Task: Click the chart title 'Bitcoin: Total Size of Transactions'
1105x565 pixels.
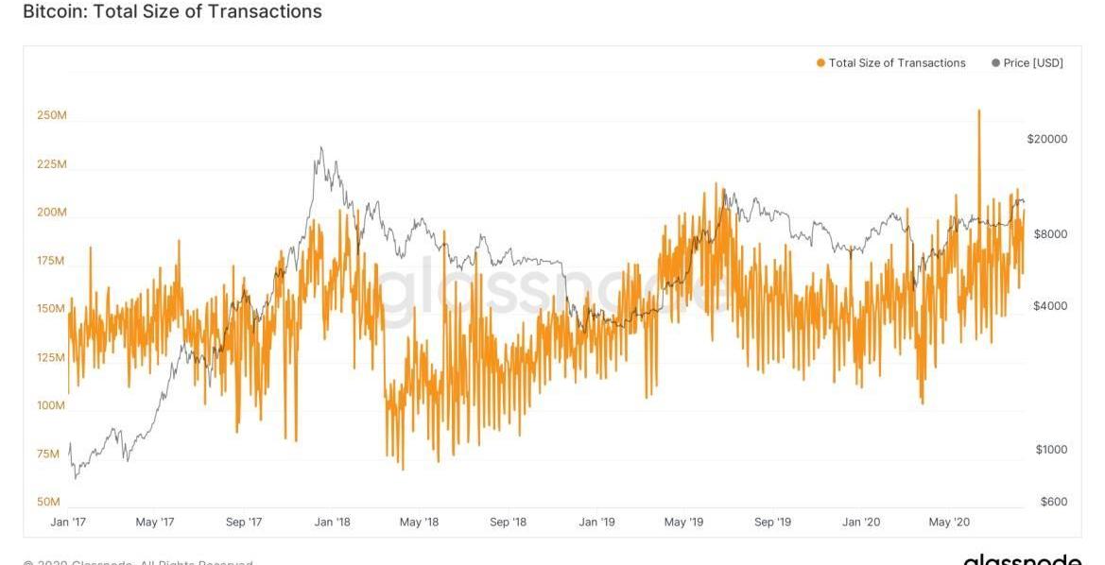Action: pos(172,12)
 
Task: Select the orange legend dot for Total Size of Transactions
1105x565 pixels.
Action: pos(820,63)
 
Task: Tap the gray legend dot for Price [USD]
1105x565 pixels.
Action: pos(995,63)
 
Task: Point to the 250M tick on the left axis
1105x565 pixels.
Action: pos(51,116)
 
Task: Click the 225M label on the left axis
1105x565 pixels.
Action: pos(51,164)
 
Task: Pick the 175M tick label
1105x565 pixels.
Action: pos(51,261)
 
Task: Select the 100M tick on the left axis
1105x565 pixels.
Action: pos(51,405)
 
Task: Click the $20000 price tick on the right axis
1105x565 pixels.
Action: pos(1046,139)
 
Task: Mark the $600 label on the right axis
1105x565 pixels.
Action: pos(1052,502)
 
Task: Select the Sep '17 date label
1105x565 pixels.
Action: pos(243,522)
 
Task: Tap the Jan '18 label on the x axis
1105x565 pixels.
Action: pos(332,522)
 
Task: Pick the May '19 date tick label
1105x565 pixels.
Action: pos(683,522)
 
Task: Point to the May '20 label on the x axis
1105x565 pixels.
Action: pos(949,522)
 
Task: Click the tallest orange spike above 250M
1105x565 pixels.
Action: pos(978,111)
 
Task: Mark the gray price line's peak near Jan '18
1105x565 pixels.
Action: pos(321,147)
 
